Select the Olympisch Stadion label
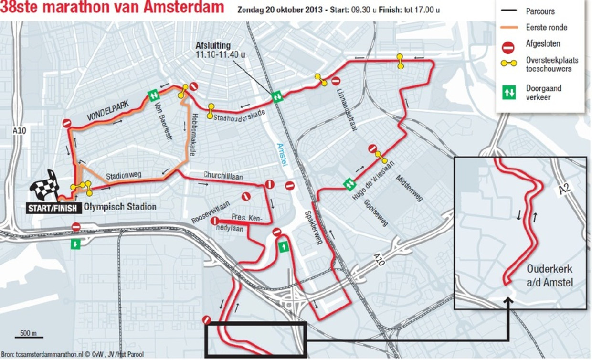tap(120, 207)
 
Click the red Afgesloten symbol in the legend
tap(508, 46)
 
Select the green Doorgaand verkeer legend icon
tap(509, 93)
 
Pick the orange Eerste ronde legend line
tap(508, 27)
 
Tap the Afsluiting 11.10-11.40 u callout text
tap(219, 50)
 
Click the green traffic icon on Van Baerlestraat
tap(153, 95)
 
